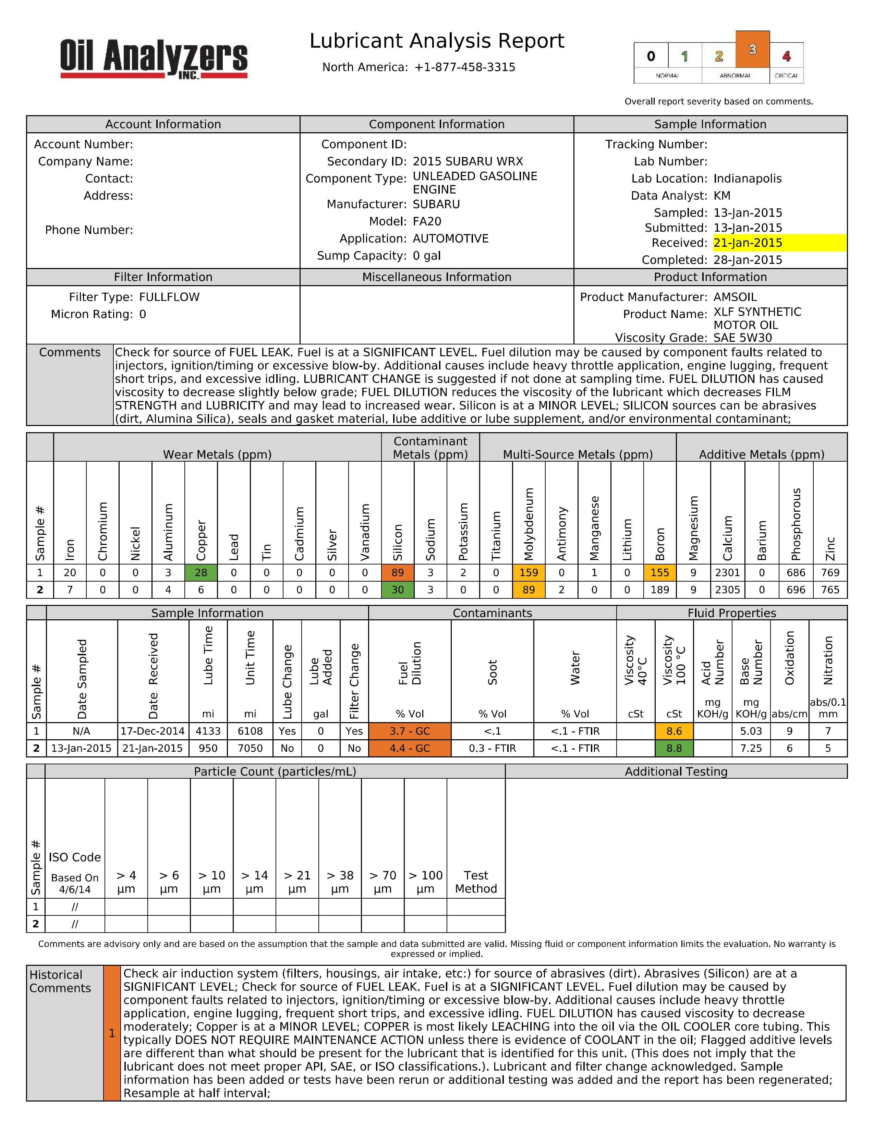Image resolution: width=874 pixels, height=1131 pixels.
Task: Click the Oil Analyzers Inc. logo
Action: [154, 59]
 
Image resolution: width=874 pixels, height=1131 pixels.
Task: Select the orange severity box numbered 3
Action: [752, 50]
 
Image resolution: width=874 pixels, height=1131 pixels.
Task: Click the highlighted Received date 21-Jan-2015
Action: [748, 243]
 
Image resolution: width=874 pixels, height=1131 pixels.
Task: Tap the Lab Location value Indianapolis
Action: [747, 179]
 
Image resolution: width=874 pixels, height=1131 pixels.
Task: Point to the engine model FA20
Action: [427, 222]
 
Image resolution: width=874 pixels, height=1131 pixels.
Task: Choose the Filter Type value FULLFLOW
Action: [169, 297]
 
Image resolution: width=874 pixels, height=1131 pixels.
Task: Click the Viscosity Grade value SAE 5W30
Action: [742, 338]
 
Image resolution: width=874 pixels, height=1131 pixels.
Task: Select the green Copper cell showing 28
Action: [201, 573]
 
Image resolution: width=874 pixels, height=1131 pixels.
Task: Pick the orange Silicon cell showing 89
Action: [398, 573]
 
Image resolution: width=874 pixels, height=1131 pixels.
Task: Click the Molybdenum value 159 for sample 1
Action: [529, 573]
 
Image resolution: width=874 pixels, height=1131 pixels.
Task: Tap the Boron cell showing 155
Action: [660, 573]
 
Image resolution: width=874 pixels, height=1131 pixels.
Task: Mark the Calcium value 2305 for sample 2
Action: [727, 590]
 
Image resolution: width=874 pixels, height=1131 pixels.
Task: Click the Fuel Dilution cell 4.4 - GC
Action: [410, 748]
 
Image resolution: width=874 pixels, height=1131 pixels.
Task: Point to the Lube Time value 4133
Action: [208, 731]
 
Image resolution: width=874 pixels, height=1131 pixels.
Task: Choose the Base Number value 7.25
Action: [751, 748]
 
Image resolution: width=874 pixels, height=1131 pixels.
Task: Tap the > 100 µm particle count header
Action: [425, 882]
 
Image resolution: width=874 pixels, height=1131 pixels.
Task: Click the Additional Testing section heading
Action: [676, 771]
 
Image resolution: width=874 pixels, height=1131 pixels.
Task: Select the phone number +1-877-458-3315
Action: [464, 67]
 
